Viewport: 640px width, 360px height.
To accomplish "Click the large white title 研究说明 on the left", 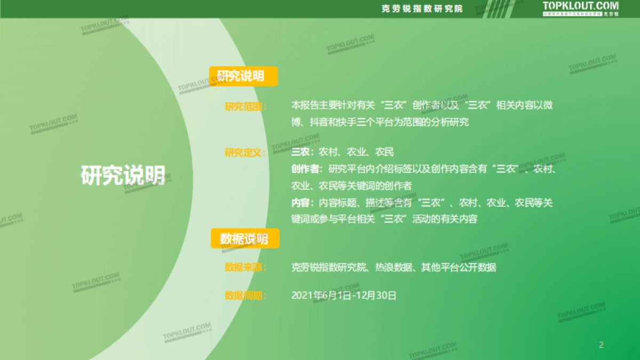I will [123, 175].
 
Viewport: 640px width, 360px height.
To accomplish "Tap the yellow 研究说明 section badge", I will [244, 76].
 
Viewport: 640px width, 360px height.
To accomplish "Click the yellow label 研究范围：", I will [246, 106].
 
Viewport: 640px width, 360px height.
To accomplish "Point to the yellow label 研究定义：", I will [246, 153].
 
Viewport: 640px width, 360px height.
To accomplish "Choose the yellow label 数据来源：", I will [246, 267].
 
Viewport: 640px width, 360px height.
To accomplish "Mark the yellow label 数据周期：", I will [246, 295].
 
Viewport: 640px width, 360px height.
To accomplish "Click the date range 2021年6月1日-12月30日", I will [344, 295].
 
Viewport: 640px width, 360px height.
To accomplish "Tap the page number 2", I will [602, 345].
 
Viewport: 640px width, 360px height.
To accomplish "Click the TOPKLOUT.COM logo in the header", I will [581, 6].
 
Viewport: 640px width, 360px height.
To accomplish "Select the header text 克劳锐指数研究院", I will [422, 9].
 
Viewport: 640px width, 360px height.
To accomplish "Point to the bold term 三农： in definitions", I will [302, 153].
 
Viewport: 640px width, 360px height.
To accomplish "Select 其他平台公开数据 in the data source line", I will [459, 267].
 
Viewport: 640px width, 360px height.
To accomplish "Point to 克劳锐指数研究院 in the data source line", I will [329, 267].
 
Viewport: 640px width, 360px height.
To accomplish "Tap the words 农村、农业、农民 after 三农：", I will [356, 153].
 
